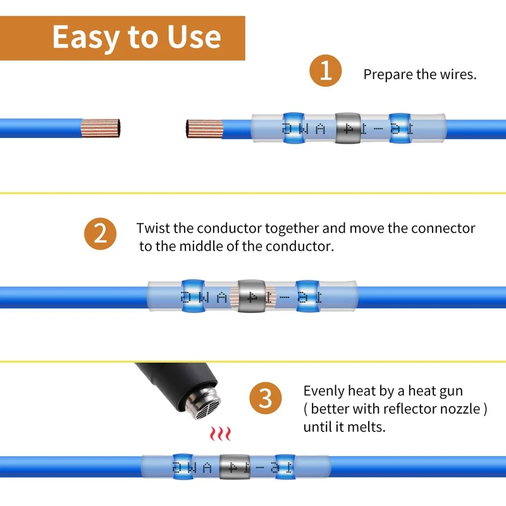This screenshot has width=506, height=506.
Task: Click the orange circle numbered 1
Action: [x=325, y=71]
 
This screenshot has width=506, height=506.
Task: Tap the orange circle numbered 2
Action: [x=100, y=235]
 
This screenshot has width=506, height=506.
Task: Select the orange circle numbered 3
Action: [x=266, y=399]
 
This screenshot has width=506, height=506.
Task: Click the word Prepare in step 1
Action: [x=388, y=75]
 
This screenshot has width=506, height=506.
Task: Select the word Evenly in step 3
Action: [x=327, y=392]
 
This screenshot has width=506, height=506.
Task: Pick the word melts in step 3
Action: [x=366, y=427]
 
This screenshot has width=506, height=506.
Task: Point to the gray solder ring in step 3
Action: [x=231, y=466]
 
